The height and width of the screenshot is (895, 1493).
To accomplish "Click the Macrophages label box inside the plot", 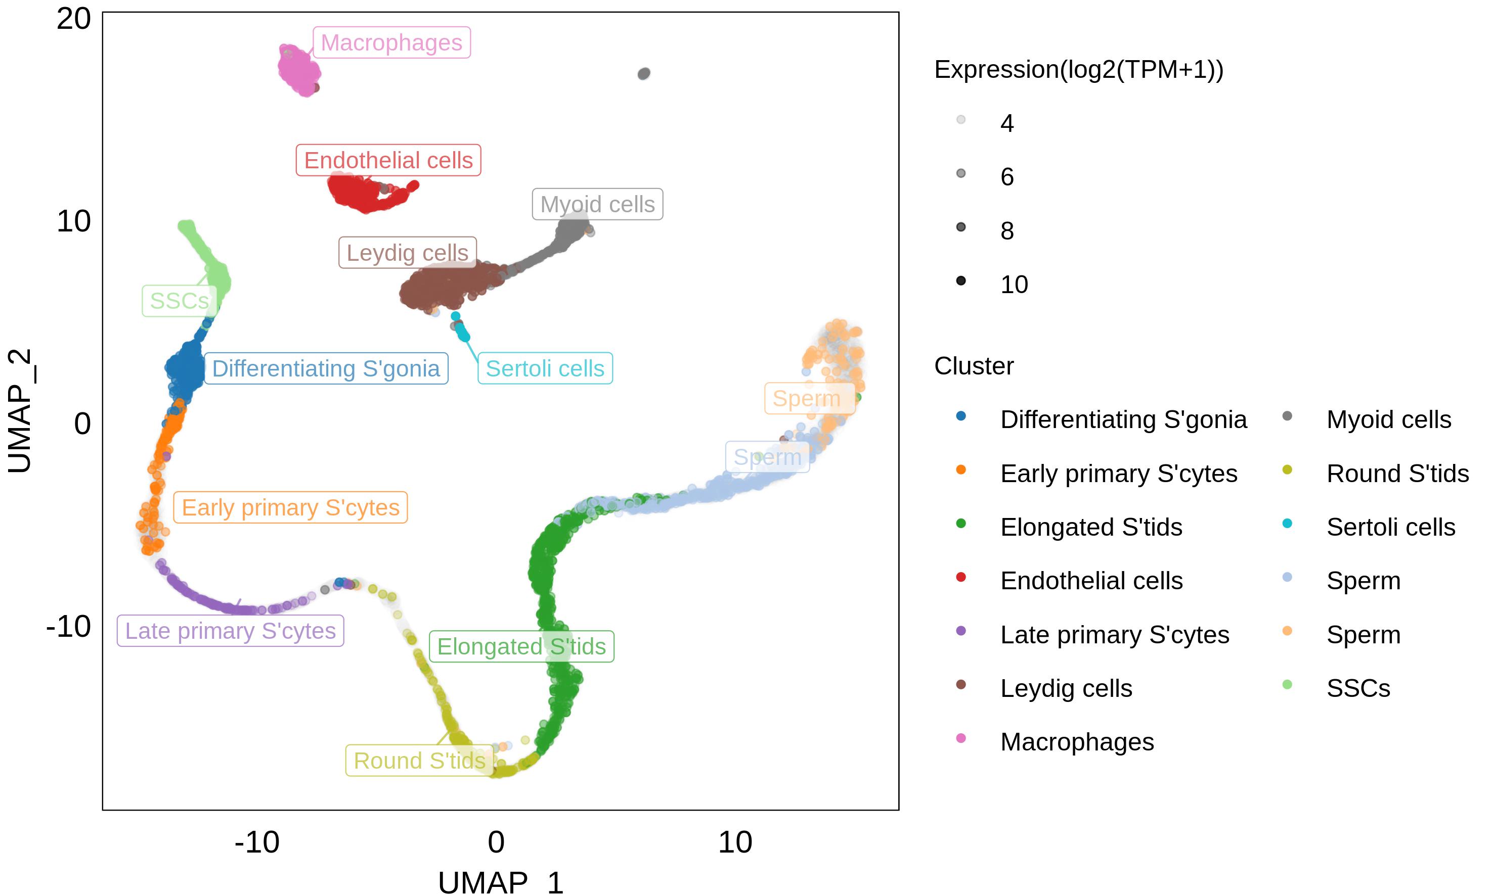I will (391, 43).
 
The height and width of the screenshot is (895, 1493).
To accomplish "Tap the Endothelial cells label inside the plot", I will (388, 160).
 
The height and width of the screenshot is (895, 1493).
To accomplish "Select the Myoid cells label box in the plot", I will (597, 205).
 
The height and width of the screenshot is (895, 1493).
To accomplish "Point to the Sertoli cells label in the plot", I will (544, 368).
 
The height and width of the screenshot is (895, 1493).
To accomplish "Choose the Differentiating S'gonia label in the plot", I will (326, 368).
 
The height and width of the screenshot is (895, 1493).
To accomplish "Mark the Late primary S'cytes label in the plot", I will (230, 631).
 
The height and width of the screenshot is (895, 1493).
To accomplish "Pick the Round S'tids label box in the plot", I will (419, 761).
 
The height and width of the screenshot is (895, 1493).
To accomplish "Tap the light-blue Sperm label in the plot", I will (767, 457).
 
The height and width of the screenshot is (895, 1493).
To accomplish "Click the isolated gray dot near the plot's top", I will (644, 74).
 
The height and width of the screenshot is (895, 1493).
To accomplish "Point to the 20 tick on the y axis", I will (74, 19).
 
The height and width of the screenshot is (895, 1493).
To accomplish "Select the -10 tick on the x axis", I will (257, 842).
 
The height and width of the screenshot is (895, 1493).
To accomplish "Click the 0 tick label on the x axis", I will (496, 842).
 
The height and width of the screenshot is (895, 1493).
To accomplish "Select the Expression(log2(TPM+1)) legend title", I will (1078, 70).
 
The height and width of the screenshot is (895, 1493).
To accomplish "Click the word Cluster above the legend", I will (974, 366).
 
